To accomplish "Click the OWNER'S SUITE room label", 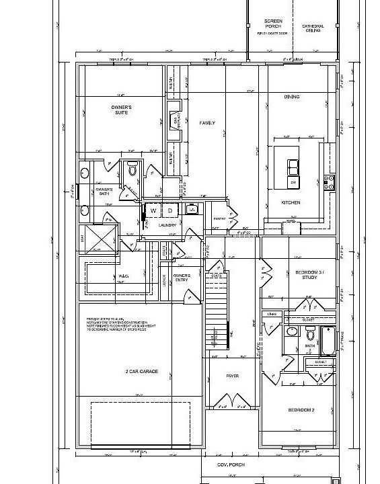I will click(121, 110).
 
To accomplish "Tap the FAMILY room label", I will click(207, 123).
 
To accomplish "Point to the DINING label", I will click(291, 97).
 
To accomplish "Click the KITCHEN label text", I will click(291, 202).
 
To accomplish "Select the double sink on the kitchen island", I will click(294, 166).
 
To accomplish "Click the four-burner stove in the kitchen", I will click(330, 181).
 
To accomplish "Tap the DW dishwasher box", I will click(293, 183).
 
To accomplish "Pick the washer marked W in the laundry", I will click(153, 211).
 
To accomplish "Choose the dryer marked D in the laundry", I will click(170, 211).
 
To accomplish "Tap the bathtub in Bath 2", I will click(328, 340).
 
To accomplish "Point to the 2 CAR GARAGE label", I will click(141, 370).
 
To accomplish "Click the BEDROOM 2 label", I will click(301, 409).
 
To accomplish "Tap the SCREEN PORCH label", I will click(273, 24).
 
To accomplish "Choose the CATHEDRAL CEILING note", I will click(313, 28).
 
